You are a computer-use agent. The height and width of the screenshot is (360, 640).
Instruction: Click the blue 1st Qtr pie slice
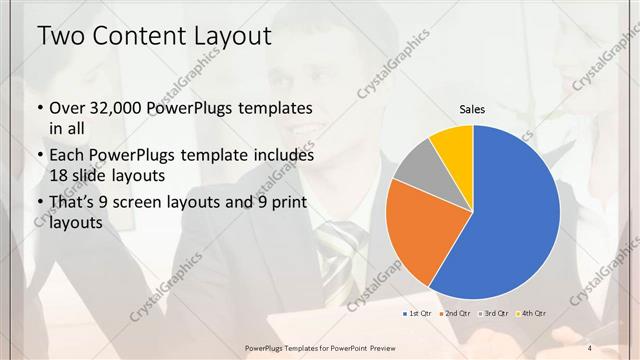[510, 220]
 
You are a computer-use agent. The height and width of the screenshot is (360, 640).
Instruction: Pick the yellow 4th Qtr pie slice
[452, 144]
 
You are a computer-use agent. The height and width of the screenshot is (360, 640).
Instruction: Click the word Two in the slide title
[59, 37]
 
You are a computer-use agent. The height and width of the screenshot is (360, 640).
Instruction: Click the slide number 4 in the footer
[590, 347]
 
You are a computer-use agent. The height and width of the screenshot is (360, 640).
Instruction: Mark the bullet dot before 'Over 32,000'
[38, 108]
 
